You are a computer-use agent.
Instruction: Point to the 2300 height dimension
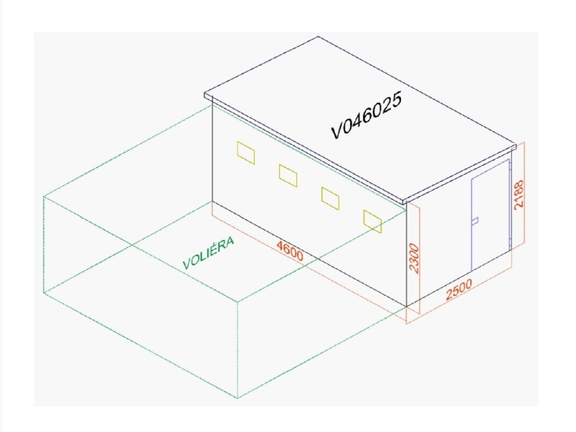(x=415, y=258)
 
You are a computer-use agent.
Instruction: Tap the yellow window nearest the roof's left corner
(x=246, y=153)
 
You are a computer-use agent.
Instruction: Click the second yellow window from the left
(x=288, y=175)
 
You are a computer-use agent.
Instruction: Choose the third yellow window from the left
(x=330, y=198)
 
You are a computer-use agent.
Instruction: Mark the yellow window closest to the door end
(x=372, y=221)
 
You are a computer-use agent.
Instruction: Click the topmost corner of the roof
(x=319, y=37)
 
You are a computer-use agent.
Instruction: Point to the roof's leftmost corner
(x=205, y=96)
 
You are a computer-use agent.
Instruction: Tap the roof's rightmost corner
(x=515, y=145)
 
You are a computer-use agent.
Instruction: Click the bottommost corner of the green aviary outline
(x=237, y=398)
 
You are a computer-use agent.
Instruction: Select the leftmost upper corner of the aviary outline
(x=44, y=196)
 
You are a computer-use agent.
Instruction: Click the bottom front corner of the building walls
(x=407, y=307)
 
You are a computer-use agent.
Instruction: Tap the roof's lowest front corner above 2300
(x=405, y=202)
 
